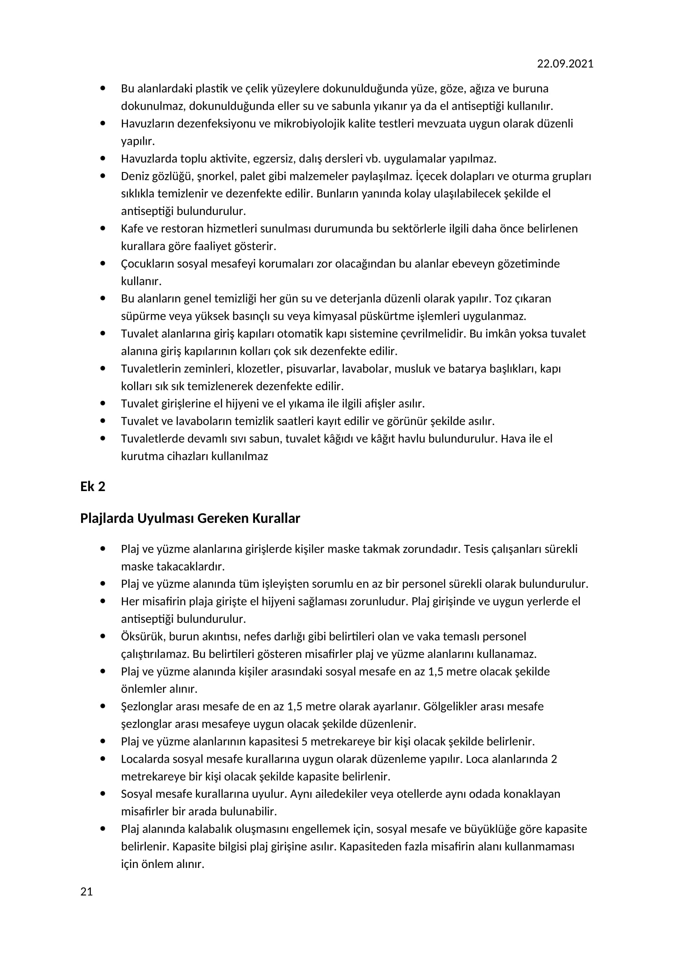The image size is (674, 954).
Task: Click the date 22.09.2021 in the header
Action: click(x=565, y=64)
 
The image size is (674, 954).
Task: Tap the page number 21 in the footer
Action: click(x=86, y=891)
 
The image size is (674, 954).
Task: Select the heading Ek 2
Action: click(x=93, y=487)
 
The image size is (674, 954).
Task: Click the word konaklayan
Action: click(x=532, y=794)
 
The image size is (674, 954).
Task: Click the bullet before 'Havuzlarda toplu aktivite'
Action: click(x=103, y=158)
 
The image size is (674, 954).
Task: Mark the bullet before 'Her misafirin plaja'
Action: click(x=103, y=601)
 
